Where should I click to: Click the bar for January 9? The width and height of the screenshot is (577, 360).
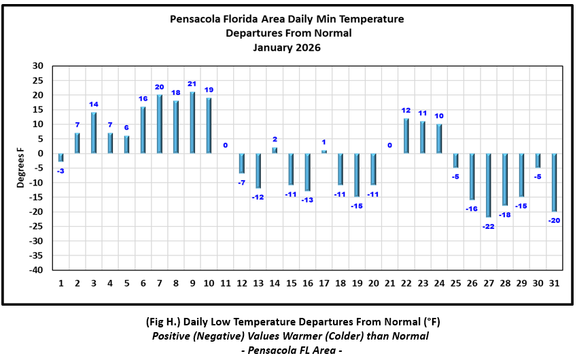click(x=192, y=123)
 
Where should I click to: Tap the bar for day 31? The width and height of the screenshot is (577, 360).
click(x=555, y=183)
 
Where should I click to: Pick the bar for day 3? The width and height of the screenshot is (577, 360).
click(x=94, y=133)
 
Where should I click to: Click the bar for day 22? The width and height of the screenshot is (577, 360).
click(x=406, y=136)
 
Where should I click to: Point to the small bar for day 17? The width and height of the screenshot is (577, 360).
click(x=324, y=151)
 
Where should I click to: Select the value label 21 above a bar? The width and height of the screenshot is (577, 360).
click(x=192, y=84)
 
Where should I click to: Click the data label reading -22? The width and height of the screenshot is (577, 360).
click(x=489, y=226)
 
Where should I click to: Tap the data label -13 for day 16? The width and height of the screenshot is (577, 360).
click(x=307, y=200)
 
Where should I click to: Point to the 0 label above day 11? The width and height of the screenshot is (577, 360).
click(x=225, y=145)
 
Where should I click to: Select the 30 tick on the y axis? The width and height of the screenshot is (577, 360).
click(x=37, y=66)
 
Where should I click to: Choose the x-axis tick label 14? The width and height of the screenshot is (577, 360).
click(x=275, y=283)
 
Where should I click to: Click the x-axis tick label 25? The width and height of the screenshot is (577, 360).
click(x=456, y=283)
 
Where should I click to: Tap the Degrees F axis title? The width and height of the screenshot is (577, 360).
click(x=22, y=167)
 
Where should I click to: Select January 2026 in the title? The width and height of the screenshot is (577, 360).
click(x=286, y=48)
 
